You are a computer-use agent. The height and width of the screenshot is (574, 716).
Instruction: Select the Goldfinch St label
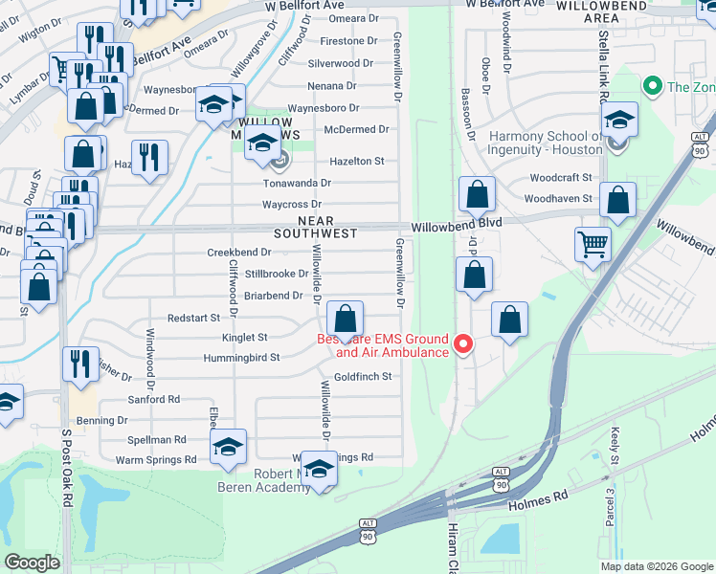point(363,377)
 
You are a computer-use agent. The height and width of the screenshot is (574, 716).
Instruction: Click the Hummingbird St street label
point(241,358)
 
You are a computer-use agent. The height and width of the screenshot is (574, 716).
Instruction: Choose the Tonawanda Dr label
point(298,183)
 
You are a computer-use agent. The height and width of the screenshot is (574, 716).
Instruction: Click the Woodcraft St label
point(561,178)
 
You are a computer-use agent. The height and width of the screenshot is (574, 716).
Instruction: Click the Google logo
point(33,563)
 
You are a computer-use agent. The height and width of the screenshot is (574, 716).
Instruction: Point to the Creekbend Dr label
point(240,253)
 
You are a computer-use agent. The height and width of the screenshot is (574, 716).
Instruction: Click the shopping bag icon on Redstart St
point(345,320)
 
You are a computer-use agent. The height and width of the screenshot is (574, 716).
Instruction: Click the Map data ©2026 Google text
point(656,566)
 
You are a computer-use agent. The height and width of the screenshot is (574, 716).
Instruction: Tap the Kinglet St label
point(245,338)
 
